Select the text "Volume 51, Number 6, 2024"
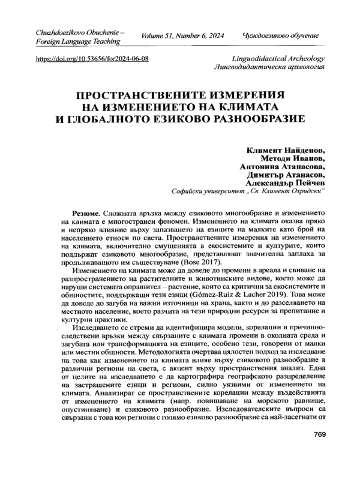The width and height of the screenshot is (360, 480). (182, 36)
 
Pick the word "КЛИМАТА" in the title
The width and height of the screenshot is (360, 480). (257, 106)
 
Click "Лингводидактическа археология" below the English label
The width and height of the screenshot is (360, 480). (274, 70)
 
